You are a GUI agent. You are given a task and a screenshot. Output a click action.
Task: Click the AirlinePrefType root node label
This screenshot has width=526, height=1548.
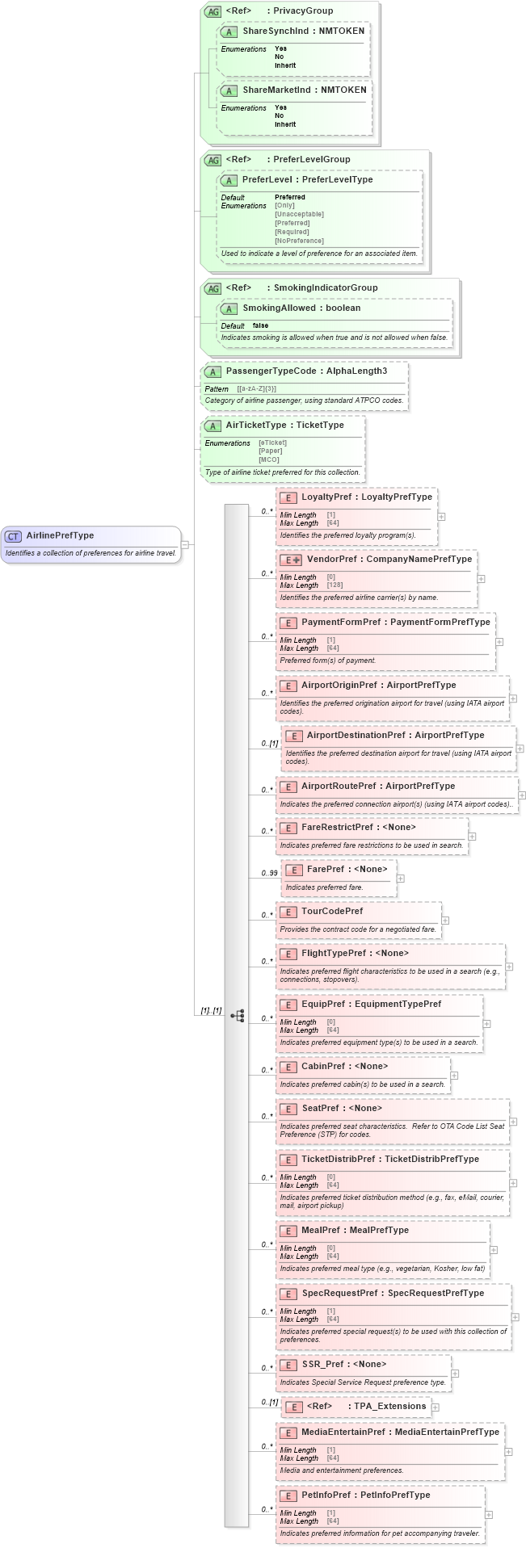click(60, 535)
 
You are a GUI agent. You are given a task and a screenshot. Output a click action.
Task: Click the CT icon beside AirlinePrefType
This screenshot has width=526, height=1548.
click(13, 536)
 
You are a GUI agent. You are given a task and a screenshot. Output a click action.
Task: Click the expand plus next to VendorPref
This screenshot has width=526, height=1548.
click(482, 578)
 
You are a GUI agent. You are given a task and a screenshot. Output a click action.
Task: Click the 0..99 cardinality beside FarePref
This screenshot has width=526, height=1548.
click(269, 873)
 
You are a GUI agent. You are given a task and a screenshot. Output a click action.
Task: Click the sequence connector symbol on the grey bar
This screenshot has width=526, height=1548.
click(237, 1015)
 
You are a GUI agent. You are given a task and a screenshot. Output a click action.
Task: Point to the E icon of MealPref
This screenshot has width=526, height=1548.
click(287, 1231)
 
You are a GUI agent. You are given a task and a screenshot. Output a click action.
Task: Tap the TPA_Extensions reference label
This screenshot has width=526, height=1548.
click(389, 1406)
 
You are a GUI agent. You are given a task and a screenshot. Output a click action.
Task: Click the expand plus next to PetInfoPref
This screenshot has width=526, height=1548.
click(489, 1514)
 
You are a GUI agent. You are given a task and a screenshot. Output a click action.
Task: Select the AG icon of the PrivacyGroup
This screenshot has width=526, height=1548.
click(213, 11)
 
